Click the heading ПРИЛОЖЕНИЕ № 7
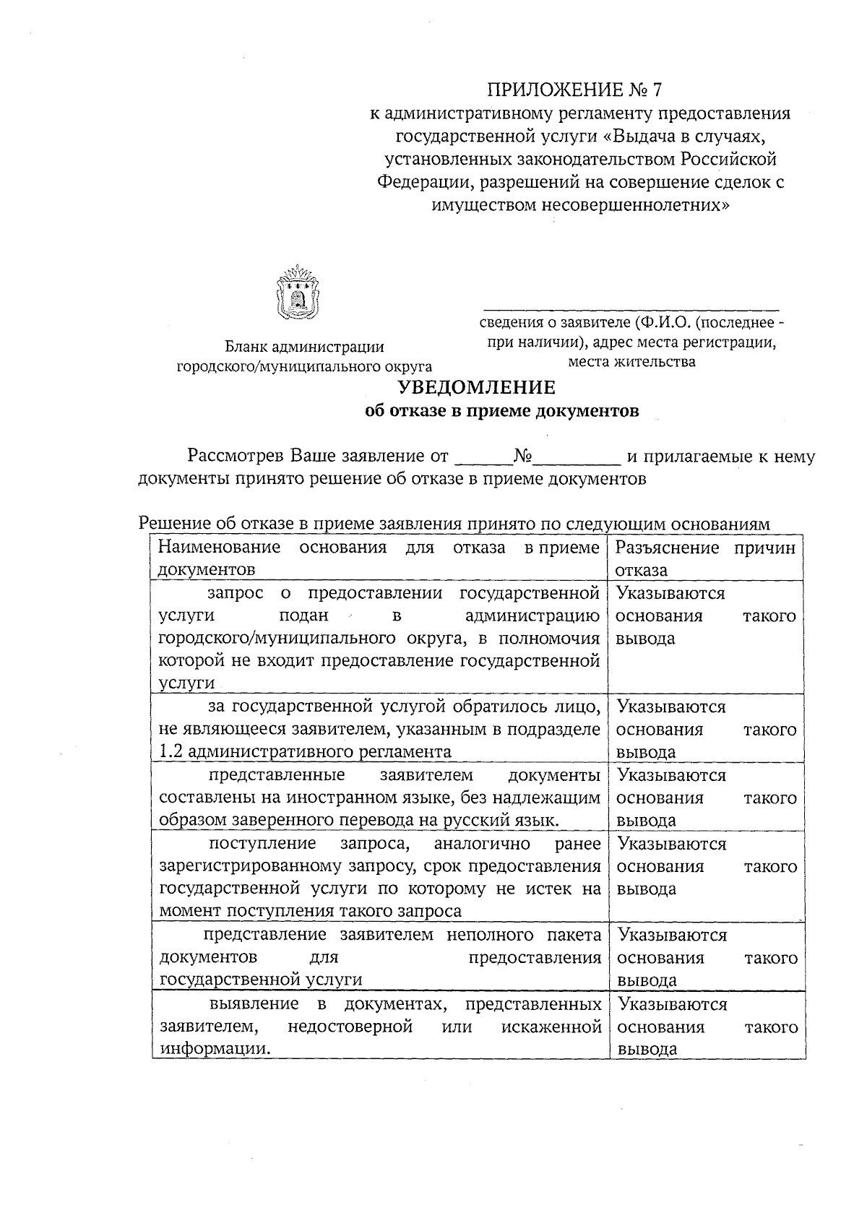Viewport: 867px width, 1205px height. click(574, 90)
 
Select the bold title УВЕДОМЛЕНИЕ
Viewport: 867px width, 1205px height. click(478, 388)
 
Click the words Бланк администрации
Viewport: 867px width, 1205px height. click(304, 348)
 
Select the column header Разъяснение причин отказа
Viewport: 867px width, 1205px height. click(705, 558)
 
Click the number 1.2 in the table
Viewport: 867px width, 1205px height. click(171, 751)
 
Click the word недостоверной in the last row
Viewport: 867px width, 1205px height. click(350, 1027)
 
